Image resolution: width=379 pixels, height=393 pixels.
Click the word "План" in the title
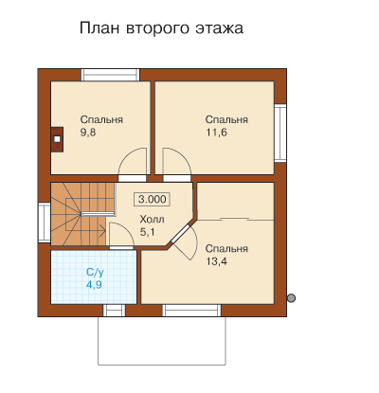(x=99, y=27)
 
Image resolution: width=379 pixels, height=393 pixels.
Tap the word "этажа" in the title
(x=219, y=28)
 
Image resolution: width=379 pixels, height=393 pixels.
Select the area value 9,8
(x=88, y=133)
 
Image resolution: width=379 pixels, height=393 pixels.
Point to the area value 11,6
(x=216, y=133)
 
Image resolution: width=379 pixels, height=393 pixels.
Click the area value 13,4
(x=216, y=261)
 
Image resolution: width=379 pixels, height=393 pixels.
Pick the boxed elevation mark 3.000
(x=153, y=199)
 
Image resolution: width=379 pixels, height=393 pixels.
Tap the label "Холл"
(x=152, y=219)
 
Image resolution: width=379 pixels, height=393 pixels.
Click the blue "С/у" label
(x=95, y=272)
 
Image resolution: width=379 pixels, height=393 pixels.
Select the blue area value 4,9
(x=94, y=285)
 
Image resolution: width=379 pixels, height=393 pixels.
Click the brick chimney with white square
(x=57, y=139)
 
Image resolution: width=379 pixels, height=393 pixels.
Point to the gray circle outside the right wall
(x=291, y=297)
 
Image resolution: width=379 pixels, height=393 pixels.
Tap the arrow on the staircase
(x=101, y=230)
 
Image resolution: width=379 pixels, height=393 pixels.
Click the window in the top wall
(x=111, y=75)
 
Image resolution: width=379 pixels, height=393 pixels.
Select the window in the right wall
(x=280, y=133)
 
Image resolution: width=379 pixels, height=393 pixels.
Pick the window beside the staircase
(x=45, y=223)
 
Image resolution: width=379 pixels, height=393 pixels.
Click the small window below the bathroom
(x=115, y=311)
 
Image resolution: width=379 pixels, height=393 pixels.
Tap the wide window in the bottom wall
(x=191, y=311)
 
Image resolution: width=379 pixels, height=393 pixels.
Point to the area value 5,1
(x=147, y=232)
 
